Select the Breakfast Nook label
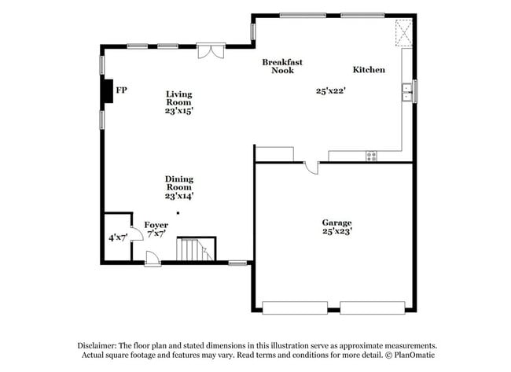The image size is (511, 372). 282,66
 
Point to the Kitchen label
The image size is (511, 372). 369,70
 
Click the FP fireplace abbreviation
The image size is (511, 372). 122,90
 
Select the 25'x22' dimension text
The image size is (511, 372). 331,90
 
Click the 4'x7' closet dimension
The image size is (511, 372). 118,238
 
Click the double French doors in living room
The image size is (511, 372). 211,51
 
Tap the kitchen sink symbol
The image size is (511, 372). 407,92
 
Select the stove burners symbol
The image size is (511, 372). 371,156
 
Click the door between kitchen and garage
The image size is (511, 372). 311,167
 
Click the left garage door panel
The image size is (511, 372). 295,307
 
